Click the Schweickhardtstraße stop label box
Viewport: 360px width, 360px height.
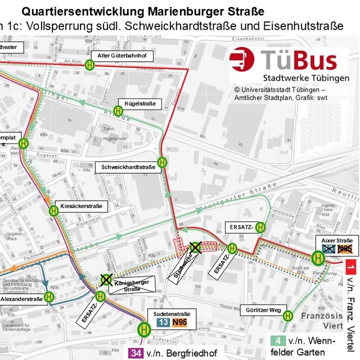(129, 167)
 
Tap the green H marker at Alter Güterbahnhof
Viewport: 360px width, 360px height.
(90, 65)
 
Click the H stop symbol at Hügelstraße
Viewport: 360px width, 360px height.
(118, 111)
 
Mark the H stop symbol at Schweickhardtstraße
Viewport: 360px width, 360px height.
(163, 161)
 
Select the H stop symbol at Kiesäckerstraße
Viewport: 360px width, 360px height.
(54, 211)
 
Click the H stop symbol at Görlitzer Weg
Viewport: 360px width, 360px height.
(287, 316)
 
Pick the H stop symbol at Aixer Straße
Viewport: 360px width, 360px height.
(318, 258)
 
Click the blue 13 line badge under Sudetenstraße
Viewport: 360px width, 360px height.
(163, 323)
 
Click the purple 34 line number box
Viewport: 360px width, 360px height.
(135, 353)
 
